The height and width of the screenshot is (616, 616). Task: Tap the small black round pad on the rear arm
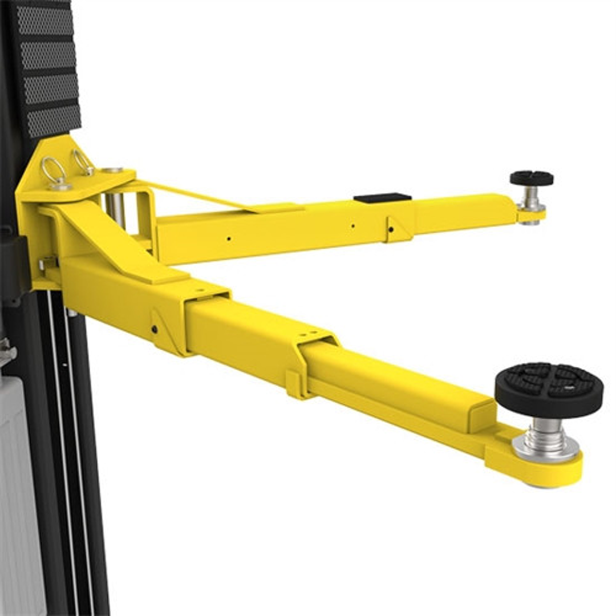[531, 178]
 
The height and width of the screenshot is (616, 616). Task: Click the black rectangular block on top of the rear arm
[382, 198]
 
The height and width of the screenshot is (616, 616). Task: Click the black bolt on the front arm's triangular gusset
[155, 329]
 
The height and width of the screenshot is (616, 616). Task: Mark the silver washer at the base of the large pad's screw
[545, 451]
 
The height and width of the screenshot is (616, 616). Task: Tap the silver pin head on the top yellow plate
[112, 169]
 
